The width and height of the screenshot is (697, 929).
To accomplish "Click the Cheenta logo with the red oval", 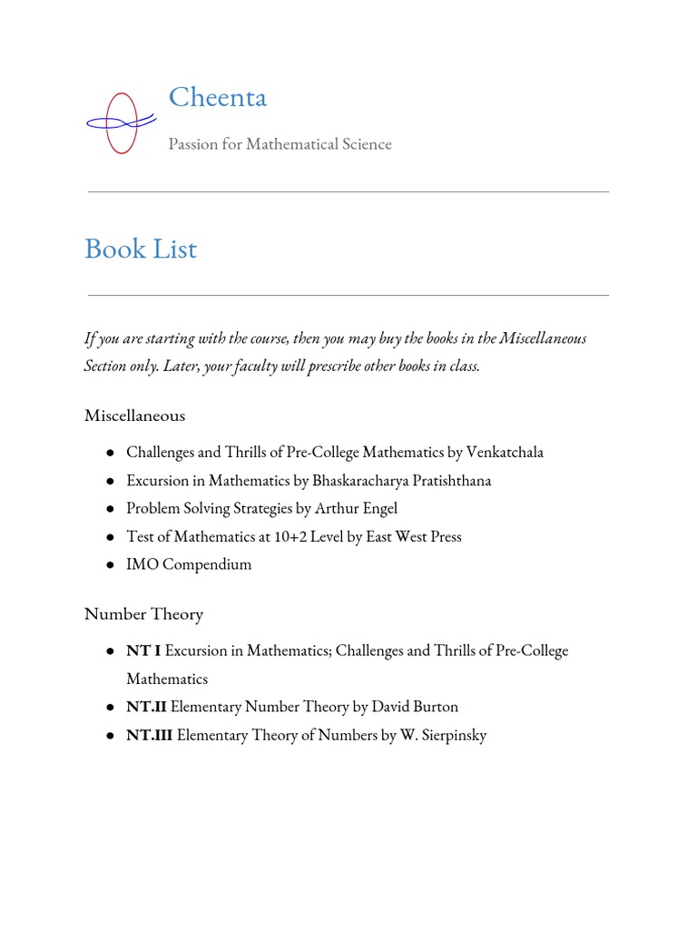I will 120,122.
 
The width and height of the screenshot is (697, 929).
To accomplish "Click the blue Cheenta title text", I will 218,97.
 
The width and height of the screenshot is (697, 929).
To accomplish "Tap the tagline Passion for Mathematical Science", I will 280,144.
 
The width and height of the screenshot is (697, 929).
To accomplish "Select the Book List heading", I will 141,249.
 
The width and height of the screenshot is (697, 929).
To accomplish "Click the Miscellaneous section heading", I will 134,416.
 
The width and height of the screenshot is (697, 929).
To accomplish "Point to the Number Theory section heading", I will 143,614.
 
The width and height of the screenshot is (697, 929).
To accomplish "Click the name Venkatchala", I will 504,452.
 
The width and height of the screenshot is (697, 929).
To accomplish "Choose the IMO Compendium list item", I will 189,564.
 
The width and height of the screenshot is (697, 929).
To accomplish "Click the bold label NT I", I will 142,650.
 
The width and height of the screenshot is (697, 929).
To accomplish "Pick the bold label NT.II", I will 146,707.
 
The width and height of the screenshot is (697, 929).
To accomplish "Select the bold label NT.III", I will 149,735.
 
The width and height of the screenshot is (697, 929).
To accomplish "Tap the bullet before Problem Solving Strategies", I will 109,509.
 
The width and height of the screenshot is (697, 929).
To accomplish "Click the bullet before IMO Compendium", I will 109,565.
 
